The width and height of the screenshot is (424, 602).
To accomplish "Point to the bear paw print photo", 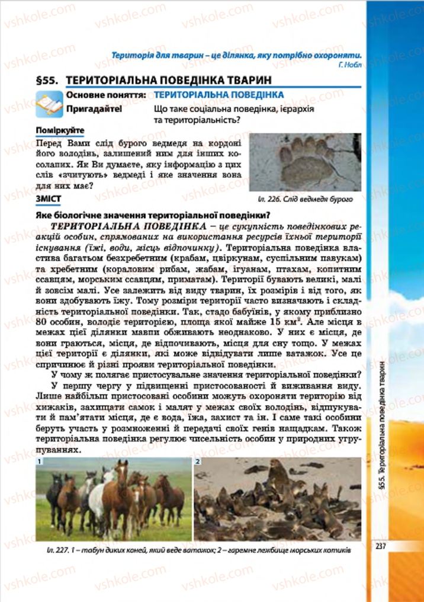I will [x=306, y=161].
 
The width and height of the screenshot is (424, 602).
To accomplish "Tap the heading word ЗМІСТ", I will [x=50, y=198].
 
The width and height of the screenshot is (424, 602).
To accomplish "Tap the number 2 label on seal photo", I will [x=198, y=461].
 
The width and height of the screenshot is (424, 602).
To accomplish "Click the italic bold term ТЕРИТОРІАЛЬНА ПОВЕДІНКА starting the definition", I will [x=119, y=227].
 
